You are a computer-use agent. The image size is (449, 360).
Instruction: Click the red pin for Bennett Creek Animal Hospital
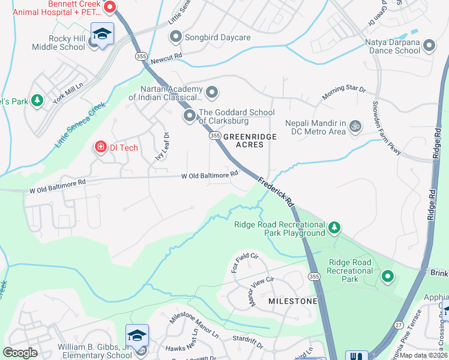(109, 7)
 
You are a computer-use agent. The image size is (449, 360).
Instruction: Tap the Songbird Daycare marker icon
(176, 38)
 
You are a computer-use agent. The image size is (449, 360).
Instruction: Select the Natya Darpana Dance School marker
(429, 46)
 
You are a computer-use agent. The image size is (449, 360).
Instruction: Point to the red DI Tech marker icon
(100, 146)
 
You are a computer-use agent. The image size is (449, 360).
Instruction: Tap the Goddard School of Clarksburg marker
(190, 115)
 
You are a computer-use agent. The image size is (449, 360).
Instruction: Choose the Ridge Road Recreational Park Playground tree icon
(334, 227)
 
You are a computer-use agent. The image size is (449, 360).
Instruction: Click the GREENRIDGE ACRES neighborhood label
(250, 141)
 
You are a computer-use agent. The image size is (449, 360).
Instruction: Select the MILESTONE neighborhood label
(292, 300)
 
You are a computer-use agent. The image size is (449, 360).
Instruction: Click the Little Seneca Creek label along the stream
(80, 125)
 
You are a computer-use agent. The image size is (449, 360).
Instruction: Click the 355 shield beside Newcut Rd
(141, 56)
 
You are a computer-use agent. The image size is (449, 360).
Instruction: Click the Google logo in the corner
(20, 352)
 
